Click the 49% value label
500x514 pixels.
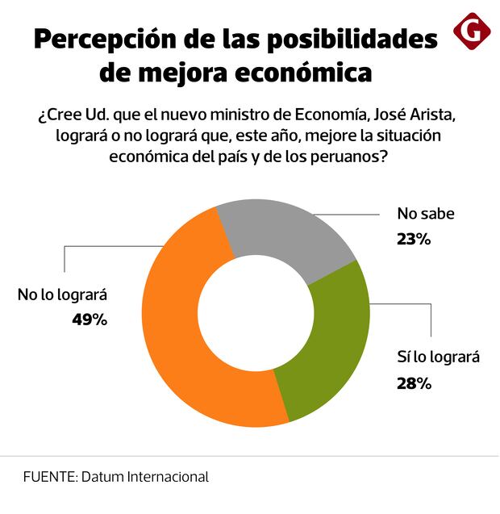pyautogui.click(x=89, y=319)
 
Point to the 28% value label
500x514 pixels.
pyautogui.click(x=414, y=383)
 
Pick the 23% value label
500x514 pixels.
pyautogui.click(x=415, y=239)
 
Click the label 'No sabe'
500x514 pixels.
pyautogui.click(x=426, y=215)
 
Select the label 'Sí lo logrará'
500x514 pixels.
pyautogui.click(x=439, y=357)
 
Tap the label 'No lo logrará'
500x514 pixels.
pyautogui.click(x=62, y=295)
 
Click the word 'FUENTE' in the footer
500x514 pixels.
pyautogui.click(x=49, y=477)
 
